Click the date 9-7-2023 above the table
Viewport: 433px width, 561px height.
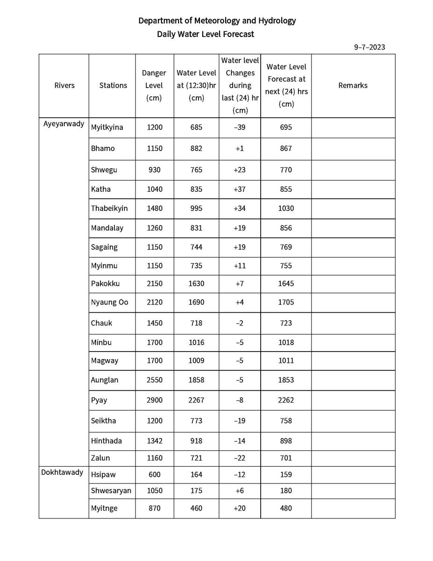point(369,47)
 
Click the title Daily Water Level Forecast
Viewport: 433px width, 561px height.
point(206,34)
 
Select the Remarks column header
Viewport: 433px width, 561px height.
point(353,86)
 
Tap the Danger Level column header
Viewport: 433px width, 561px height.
point(154,86)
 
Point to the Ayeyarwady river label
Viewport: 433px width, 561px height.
point(64,124)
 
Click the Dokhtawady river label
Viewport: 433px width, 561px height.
point(62,472)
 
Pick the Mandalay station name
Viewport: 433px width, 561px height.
point(107,228)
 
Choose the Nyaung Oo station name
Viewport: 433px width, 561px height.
point(109,302)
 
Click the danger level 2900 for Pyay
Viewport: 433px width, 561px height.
point(155,400)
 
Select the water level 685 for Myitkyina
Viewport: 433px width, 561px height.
point(196,127)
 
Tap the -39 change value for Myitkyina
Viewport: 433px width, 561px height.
point(239,127)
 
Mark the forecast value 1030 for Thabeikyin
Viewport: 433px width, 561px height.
point(286,208)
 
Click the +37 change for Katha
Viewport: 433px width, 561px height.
point(239,189)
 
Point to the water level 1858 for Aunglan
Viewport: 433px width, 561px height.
point(196,380)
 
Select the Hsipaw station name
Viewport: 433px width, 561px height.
point(103,475)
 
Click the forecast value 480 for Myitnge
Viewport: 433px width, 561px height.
point(286,508)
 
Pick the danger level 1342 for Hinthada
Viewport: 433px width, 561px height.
point(155,441)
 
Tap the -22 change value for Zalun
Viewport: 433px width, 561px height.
point(239,458)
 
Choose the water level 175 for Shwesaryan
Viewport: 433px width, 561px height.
point(196,491)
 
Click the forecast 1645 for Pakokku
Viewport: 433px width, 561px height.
point(286,284)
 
